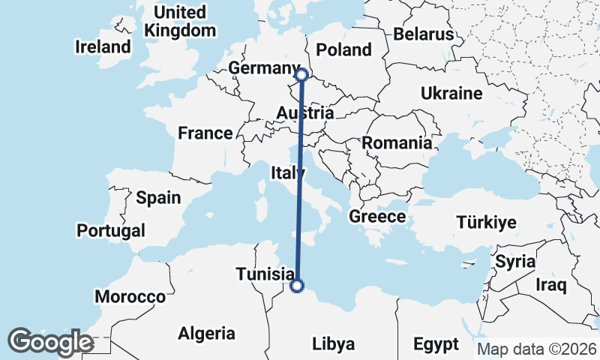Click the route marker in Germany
click(x=301, y=74)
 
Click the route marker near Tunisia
click(x=297, y=286)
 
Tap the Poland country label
click(x=343, y=49)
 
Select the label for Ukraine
click(x=451, y=94)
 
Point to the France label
click(x=205, y=133)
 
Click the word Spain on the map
click(x=158, y=198)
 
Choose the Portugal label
click(x=111, y=230)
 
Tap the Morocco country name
click(x=130, y=297)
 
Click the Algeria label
click(x=206, y=334)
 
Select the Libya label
click(x=333, y=344)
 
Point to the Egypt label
click(x=436, y=344)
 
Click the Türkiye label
click(x=487, y=222)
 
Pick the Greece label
click(x=377, y=217)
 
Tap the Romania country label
click(x=397, y=142)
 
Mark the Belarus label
click(x=424, y=34)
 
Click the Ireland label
click(x=103, y=46)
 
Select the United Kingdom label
click(x=180, y=22)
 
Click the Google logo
click(x=50, y=342)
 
